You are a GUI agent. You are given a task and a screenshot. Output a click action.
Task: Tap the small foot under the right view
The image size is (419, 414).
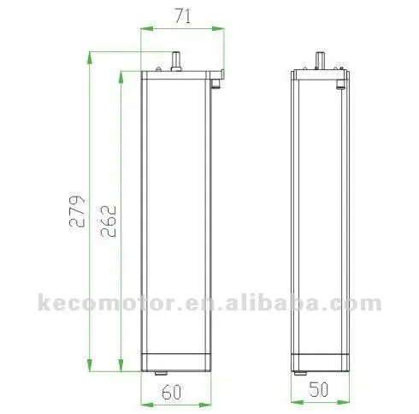pyautogui.click(x=298, y=374)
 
